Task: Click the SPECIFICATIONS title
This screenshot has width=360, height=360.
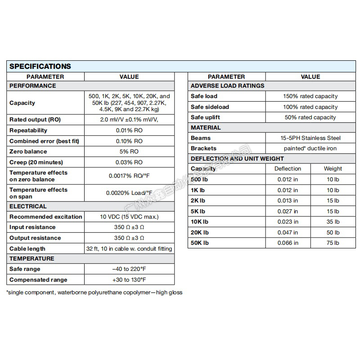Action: click(x=40, y=66)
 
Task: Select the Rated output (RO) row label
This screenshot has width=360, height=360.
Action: click(x=35, y=120)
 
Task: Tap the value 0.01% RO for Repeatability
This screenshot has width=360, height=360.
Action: click(x=129, y=130)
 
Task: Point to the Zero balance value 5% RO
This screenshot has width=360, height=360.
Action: click(x=129, y=152)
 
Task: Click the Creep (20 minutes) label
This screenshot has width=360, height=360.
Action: click(x=36, y=162)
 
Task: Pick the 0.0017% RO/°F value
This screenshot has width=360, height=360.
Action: click(x=129, y=176)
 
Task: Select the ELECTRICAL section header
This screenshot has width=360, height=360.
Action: click(x=28, y=206)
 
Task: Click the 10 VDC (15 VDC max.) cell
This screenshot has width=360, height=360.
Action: click(x=129, y=217)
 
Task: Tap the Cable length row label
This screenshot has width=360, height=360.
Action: click(x=27, y=249)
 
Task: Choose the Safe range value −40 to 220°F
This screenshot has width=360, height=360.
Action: click(x=129, y=269)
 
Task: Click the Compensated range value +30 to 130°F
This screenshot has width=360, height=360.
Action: click(x=129, y=280)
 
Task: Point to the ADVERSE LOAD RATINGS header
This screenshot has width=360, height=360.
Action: click(x=228, y=85)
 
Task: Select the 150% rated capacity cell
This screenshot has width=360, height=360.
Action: click(x=310, y=96)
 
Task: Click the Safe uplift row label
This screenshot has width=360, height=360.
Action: click(x=206, y=117)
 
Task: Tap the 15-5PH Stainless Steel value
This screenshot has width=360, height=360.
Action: click(x=310, y=138)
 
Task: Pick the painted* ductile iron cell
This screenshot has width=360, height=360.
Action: click(x=310, y=148)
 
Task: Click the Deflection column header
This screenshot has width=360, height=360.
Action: click(x=288, y=169)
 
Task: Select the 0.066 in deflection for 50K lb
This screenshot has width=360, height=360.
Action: click(x=288, y=243)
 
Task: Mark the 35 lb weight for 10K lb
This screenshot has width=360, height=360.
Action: click(x=333, y=222)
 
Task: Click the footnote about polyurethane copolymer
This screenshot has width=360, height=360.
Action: click(x=94, y=292)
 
